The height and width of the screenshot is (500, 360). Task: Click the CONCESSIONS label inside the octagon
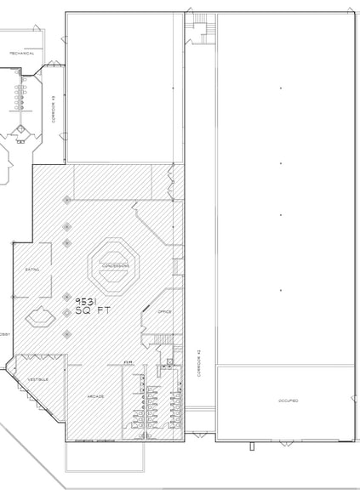point(115,265)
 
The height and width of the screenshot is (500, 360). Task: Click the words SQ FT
point(93,312)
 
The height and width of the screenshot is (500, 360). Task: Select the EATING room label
point(32,270)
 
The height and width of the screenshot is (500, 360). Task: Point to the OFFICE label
point(165,311)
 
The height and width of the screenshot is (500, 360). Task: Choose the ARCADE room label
point(95,396)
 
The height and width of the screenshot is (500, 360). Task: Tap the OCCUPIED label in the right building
point(288,400)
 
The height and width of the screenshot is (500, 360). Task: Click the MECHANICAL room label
point(21,53)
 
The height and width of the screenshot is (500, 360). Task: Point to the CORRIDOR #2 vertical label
point(197,363)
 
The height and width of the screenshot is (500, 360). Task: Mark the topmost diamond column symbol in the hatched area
point(67,200)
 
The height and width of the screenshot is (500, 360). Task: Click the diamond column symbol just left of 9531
point(67,297)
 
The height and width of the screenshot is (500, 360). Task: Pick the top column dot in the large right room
point(280,88)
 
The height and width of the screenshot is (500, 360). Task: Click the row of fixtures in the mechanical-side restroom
point(16,96)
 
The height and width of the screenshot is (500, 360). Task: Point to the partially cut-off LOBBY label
point(4,334)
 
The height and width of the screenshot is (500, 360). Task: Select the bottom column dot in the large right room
point(280,290)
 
